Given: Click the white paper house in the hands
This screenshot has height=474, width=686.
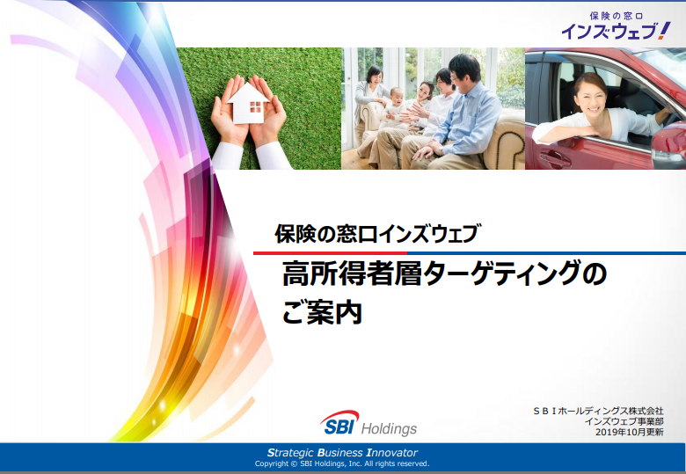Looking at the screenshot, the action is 248,104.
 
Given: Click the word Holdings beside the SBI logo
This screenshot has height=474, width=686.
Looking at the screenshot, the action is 389,428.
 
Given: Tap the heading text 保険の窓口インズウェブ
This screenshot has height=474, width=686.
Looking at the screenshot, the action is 376,234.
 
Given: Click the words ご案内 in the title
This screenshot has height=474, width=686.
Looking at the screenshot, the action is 322,311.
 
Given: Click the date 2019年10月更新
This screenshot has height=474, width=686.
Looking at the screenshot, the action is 629,432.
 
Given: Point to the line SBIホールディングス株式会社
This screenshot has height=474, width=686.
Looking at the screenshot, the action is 598,411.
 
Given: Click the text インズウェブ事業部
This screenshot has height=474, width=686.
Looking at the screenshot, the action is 624,421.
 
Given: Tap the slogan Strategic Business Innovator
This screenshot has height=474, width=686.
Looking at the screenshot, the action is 342,453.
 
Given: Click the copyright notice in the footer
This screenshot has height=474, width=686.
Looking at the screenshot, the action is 342,463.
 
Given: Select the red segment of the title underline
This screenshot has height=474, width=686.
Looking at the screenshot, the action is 331,253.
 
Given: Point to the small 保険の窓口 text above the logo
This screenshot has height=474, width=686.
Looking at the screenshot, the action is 616,16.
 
